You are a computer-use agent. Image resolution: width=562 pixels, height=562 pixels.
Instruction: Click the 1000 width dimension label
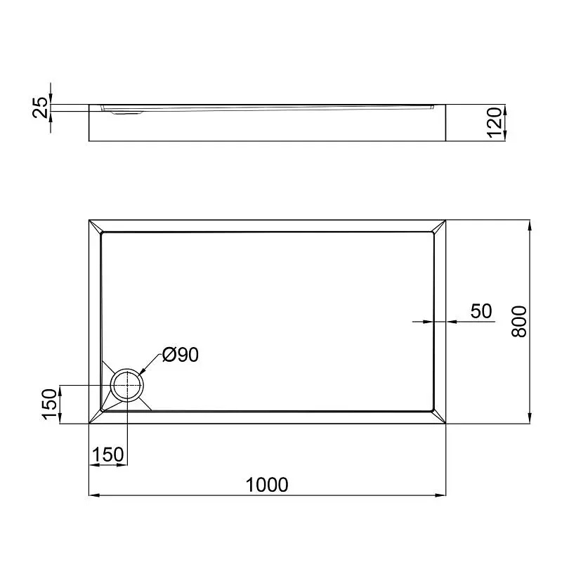[x=267, y=485]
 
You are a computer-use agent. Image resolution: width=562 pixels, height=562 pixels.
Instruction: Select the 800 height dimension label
[x=519, y=322]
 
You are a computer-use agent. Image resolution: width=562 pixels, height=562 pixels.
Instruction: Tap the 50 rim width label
[x=481, y=311]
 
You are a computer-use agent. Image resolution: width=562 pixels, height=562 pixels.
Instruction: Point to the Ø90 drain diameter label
[x=181, y=355]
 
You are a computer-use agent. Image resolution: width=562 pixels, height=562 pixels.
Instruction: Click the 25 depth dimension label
[x=41, y=107]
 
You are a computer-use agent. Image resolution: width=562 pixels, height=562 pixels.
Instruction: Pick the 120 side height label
[x=495, y=122]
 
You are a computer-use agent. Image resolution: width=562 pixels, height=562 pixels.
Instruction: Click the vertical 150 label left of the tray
[x=50, y=404]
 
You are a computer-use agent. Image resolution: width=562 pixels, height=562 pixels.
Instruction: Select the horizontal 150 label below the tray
[x=108, y=455]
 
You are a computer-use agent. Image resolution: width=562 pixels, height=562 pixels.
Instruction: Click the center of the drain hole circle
[x=127, y=385]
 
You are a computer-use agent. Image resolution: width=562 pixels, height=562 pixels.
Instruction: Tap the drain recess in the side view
[x=127, y=113]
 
